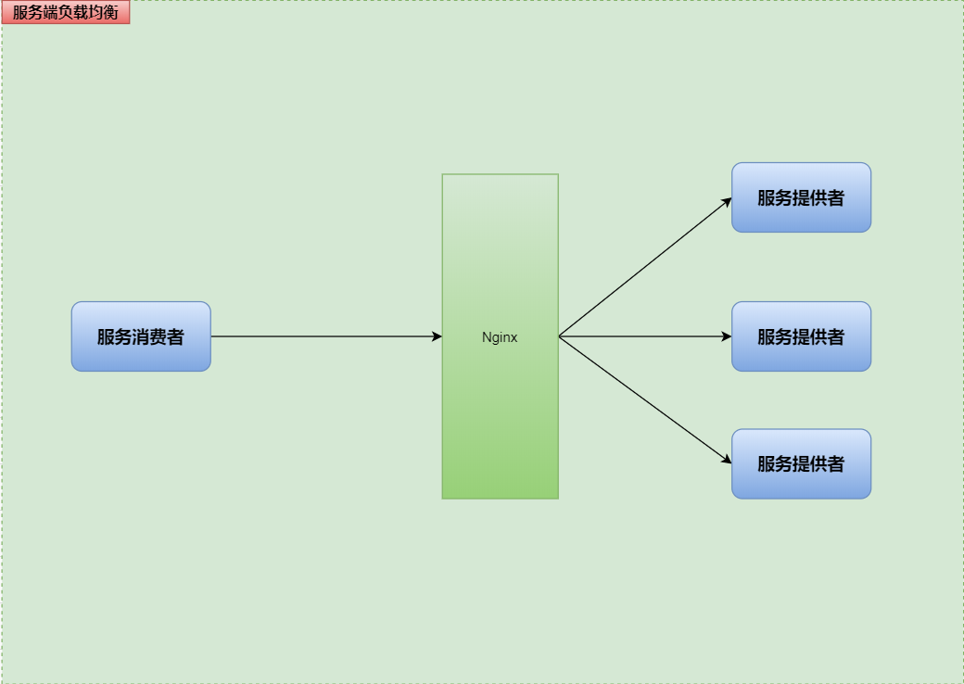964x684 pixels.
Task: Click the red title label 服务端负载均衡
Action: (x=66, y=12)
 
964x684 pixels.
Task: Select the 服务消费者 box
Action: (x=141, y=336)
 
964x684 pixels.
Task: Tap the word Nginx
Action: (x=500, y=337)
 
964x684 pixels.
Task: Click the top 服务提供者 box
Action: (x=801, y=197)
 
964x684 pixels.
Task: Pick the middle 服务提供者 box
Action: (x=801, y=336)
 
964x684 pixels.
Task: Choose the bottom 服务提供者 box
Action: (x=801, y=463)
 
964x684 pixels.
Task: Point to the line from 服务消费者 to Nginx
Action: (x=324, y=336)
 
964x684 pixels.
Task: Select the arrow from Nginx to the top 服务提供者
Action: (x=644, y=267)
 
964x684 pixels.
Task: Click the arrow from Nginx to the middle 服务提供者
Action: (x=644, y=336)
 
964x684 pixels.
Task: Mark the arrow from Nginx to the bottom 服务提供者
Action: (x=644, y=399)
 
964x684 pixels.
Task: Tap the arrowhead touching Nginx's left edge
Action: (x=437, y=336)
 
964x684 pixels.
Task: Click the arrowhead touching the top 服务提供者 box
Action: (x=726, y=201)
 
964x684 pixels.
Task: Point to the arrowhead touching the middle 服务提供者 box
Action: (x=727, y=336)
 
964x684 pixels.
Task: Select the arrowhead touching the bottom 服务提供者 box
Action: (x=726, y=460)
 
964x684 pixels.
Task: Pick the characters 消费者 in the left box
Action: (x=162, y=336)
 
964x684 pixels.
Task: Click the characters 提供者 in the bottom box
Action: (x=822, y=463)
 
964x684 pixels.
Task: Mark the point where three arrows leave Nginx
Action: (x=559, y=336)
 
